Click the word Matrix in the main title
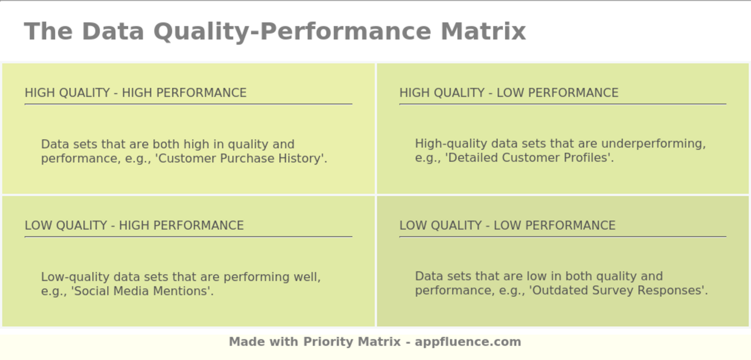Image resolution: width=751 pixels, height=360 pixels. click(x=483, y=31)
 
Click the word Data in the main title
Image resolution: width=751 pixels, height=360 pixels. click(x=113, y=31)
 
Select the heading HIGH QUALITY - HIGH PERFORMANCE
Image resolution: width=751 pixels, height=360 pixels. click(x=135, y=93)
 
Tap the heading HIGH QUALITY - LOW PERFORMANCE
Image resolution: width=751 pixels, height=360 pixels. click(x=509, y=93)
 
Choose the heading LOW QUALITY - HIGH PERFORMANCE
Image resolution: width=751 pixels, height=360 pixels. click(x=134, y=225)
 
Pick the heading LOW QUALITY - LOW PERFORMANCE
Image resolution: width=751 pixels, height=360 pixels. click(x=507, y=225)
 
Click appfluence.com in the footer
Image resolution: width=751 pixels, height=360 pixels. click(x=468, y=342)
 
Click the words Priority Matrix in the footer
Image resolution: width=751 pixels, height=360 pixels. click(x=351, y=342)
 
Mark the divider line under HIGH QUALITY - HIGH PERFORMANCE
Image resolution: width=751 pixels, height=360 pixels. click(x=188, y=104)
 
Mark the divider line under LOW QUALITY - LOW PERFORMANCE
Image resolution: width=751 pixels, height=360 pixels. click(x=562, y=236)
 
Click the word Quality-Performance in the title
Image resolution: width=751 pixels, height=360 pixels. click(x=292, y=31)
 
